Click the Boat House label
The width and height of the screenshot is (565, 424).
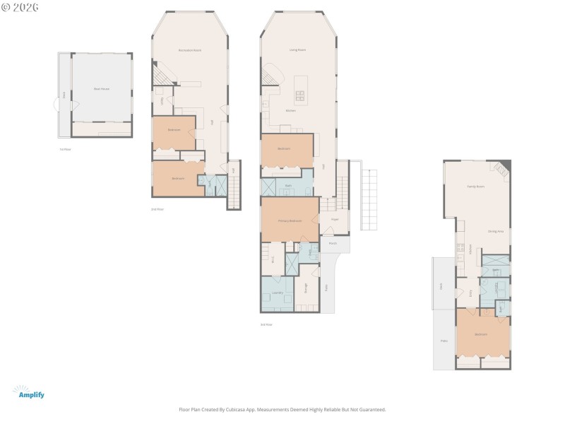(x=102, y=89)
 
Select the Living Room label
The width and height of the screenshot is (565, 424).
(x=297, y=50)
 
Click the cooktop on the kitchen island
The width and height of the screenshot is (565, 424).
(x=300, y=94)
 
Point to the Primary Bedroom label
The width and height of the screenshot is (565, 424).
(x=290, y=221)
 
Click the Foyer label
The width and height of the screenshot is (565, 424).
(x=335, y=220)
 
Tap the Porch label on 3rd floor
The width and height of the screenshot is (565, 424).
(x=332, y=243)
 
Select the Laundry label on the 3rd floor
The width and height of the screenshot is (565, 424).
(x=277, y=293)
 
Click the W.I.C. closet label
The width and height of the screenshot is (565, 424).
(x=273, y=259)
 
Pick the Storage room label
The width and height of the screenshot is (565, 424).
(x=306, y=288)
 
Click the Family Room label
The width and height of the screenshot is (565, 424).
(x=475, y=187)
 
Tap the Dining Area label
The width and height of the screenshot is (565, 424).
(x=495, y=231)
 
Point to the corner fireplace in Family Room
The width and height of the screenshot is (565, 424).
(x=502, y=168)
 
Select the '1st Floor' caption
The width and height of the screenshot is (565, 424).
(x=65, y=149)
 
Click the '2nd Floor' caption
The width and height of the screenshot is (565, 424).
(x=157, y=209)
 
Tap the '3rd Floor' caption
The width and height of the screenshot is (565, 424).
(x=266, y=324)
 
